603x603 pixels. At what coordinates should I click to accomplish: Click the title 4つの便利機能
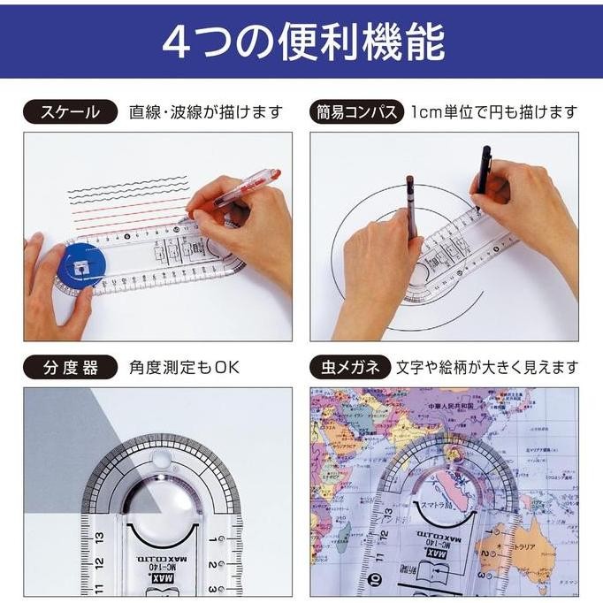point(302,42)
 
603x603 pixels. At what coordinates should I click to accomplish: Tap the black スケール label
point(68,112)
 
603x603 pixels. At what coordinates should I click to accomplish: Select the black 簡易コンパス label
point(355,112)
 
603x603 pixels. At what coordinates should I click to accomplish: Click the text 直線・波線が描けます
point(205,112)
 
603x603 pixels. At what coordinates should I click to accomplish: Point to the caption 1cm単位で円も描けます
point(493,112)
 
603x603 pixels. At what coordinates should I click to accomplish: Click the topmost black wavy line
point(128,188)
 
